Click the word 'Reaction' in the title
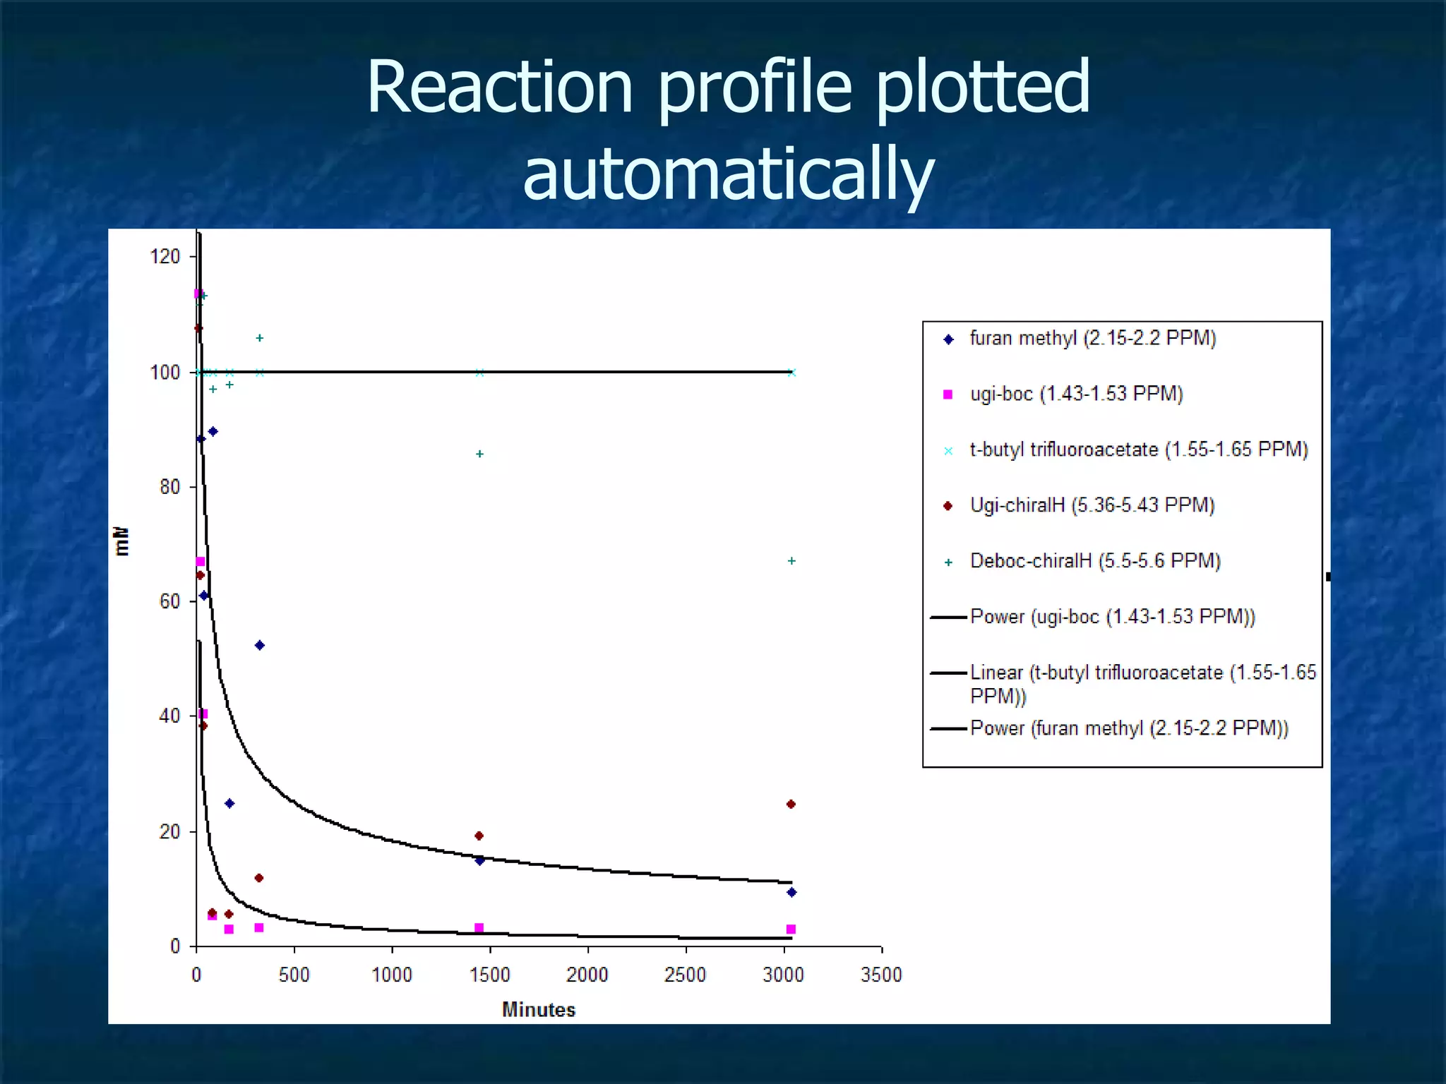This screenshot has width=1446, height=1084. pyautogui.click(x=499, y=87)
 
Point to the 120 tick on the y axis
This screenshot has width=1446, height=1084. pyautogui.click(x=165, y=256)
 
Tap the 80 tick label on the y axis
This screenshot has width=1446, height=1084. pyautogui.click(x=169, y=487)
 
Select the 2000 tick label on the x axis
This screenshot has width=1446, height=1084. pyautogui.click(x=587, y=975)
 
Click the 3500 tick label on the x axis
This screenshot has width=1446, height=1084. pyautogui.click(x=881, y=975)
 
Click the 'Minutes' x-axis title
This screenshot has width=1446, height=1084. pyautogui.click(x=539, y=1010)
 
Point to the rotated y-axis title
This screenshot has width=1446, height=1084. pyautogui.click(x=121, y=541)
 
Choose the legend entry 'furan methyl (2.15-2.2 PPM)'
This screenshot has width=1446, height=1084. pyautogui.click(x=1092, y=338)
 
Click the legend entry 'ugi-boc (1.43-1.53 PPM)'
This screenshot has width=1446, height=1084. pyautogui.click(x=1076, y=394)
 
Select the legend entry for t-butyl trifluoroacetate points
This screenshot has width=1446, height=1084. pyautogui.click(x=1138, y=450)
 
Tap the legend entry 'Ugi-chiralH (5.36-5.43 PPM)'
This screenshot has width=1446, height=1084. pyautogui.click(x=1092, y=505)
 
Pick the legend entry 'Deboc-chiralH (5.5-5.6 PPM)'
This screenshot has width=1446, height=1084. pyautogui.click(x=1094, y=561)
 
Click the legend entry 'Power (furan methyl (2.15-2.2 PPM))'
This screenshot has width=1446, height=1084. pyautogui.click(x=1128, y=728)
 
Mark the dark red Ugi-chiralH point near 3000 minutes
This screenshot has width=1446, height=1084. pyautogui.click(x=791, y=805)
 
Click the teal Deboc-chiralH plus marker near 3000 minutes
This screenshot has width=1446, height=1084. pyautogui.click(x=791, y=561)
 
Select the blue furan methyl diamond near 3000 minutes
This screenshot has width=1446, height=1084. pyautogui.click(x=791, y=893)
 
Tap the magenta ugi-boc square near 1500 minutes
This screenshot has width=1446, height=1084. pyautogui.click(x=479, y=928)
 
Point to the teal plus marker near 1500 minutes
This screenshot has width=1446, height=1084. pyautogui.click(x=479, y=454)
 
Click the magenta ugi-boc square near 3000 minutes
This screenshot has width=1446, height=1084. pyautogui.click(x=791, y=929)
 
